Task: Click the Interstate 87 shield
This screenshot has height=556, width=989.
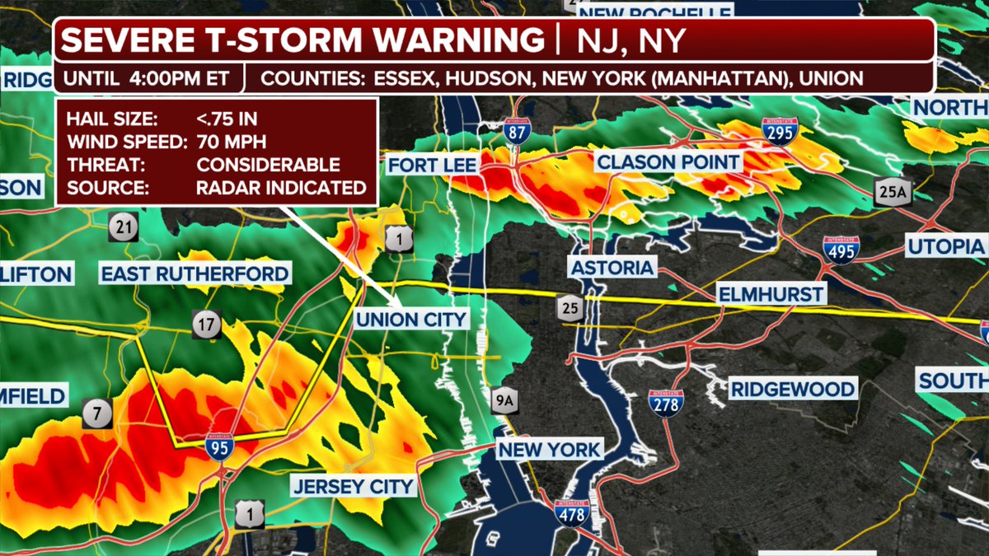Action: [516, 128]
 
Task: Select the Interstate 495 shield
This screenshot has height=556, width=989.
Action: [841, 249]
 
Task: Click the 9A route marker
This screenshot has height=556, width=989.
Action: [503, 399]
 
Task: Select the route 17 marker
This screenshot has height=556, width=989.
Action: [207, 325]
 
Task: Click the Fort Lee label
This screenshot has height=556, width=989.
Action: [432, 165]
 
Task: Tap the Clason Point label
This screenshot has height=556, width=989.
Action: [668, 161]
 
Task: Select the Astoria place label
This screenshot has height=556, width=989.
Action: [612, 268]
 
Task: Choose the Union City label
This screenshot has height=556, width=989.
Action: [410, 320]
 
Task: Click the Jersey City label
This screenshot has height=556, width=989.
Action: [353, 486]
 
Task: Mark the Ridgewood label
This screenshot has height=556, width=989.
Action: [793, 389]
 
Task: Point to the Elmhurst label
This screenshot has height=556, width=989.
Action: [770, 294]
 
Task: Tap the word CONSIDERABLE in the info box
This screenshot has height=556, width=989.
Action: [268, 165]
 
